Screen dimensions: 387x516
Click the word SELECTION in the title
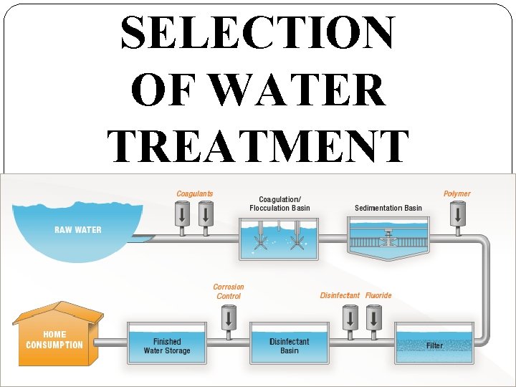257,33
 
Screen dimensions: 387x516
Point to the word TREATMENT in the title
258,143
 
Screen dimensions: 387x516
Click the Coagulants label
195,193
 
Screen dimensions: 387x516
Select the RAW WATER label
78,230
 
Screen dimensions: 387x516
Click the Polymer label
457,193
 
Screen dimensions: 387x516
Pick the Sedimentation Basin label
388,209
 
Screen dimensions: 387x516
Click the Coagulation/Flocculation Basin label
280,204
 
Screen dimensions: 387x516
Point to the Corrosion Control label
229,292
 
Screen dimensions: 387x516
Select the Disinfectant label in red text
340,295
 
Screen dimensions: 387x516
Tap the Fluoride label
378,295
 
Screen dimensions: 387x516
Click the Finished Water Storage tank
167,345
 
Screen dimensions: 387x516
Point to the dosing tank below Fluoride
373,317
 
